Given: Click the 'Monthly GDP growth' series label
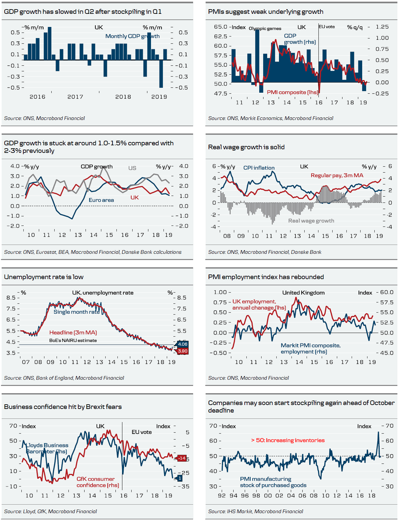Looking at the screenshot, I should [x=132, y=36].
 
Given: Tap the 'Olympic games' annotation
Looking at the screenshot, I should [x=265, y=29].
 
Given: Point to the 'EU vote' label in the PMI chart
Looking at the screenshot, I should [x=327, y=27].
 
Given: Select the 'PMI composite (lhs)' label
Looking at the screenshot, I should [x=292, y=92].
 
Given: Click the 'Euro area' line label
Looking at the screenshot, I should [x=101, y=200].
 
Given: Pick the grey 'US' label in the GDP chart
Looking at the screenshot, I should [x=132, y=168].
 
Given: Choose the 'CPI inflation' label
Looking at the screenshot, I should [x=259, y=168].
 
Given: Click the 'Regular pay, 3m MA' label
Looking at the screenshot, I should [x=337, y=175].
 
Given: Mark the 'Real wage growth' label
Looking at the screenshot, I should [x=311, y=221].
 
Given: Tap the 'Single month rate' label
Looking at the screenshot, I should [x=76, y=312].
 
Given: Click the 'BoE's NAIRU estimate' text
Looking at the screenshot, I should [x=73, y=340].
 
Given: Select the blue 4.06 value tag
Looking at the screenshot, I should [x=183, y=344].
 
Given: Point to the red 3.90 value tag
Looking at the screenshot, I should [x=183, y=351].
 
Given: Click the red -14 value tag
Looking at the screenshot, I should [x=182, y=458].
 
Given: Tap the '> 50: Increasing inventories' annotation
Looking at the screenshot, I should [x=288, y=440].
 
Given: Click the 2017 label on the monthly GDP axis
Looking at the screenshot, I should [x=75, y=97].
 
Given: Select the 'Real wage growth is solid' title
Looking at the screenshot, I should [x=246, y=147].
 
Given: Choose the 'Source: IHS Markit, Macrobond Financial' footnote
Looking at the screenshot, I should [x=256, y=511].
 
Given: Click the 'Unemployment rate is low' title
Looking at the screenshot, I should [x=44, y=277].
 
